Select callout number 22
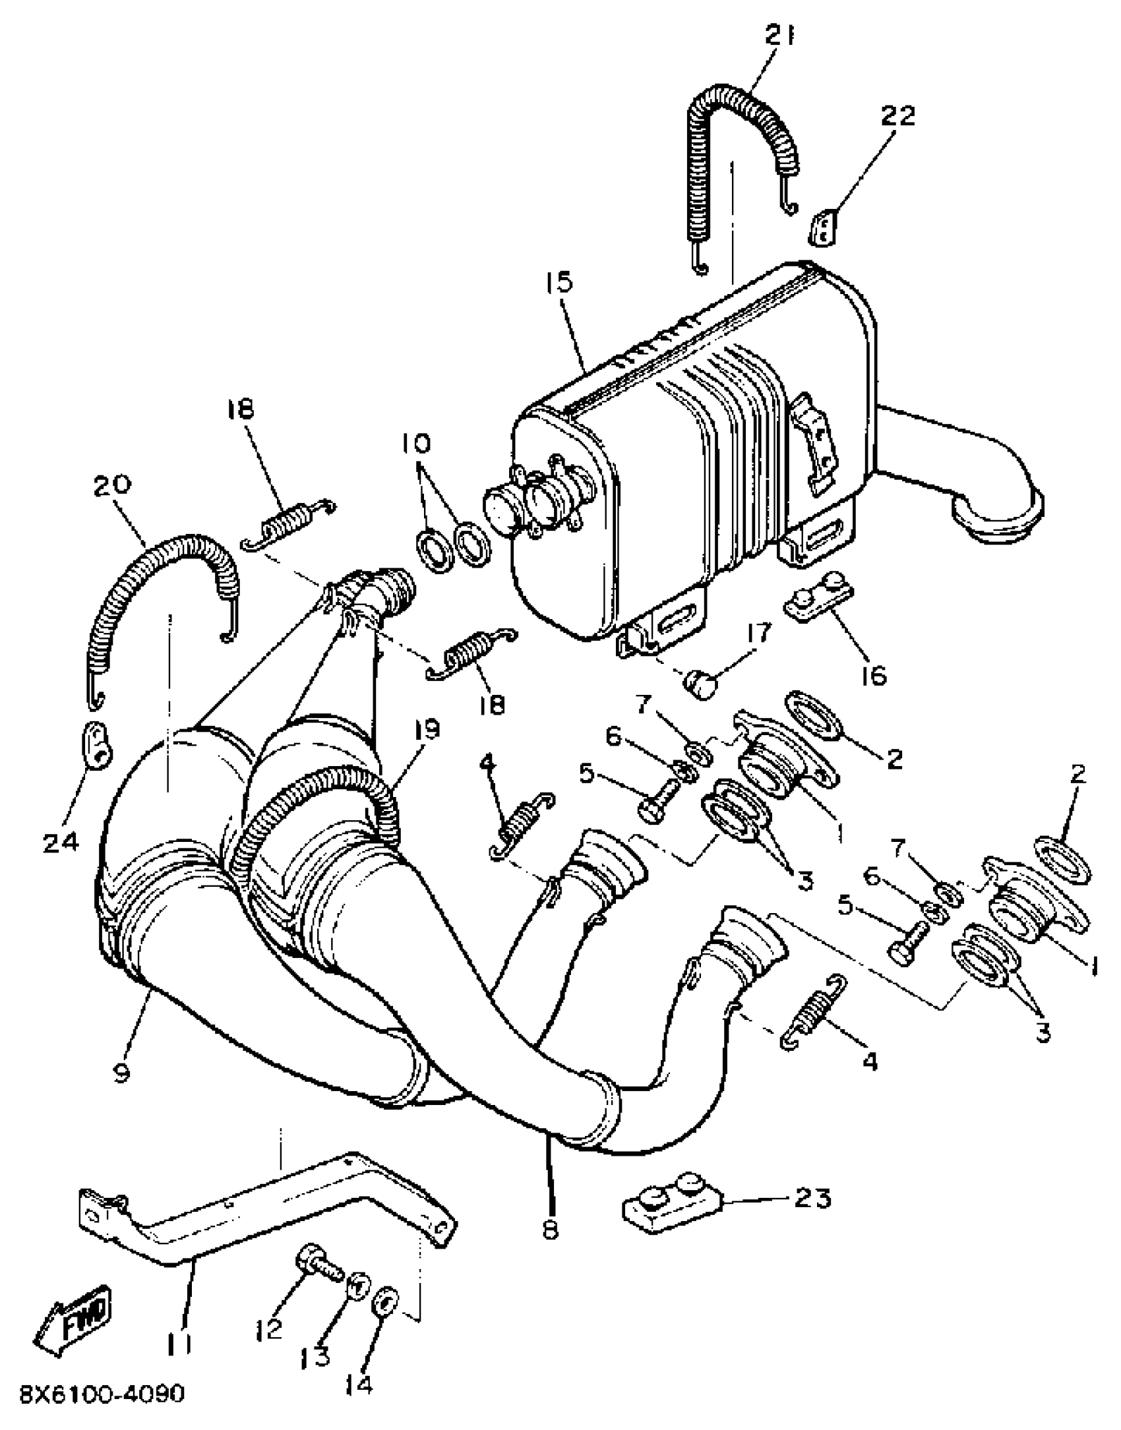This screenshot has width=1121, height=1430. point(899,116)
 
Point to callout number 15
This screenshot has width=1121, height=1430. point(559,283)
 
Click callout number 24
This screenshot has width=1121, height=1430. point(61,842)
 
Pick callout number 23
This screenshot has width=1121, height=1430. point(812,1198)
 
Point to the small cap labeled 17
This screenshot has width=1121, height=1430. point(699,684)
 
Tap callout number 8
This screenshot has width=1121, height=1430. point(550,1229)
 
